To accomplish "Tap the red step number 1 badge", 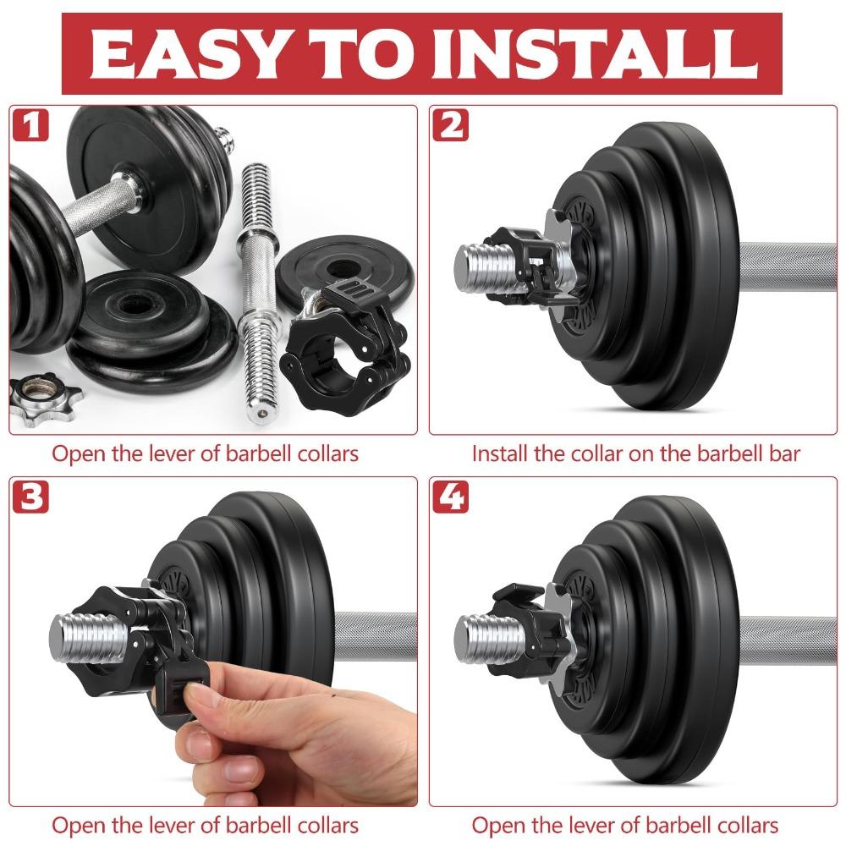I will coord(30,126).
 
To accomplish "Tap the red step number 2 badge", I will coord(450,126).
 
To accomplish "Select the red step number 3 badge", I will coord(30,497).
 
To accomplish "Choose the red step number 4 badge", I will coord(450,497).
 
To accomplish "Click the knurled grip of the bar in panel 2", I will coord(787,268).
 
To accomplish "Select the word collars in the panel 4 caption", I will coord(744,825).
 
